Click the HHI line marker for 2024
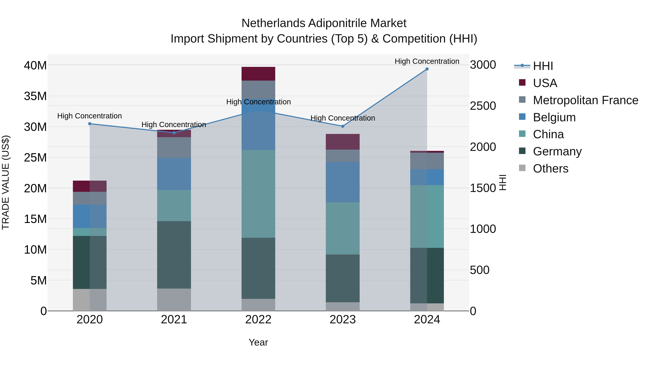click(x=427, y=69)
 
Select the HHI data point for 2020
click(x=90, y=124)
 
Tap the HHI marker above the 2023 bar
click(x=343, y=126)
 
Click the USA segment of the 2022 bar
click(x=258, y=74)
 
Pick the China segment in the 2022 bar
click(x=258, y=194)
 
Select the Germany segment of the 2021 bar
click(x=174, y=255)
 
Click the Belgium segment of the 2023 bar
click(x=343, y=182)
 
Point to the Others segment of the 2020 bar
click(x=90, y=300)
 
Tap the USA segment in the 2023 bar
click(x=343, y=142)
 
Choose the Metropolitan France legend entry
click(x=585, y=100)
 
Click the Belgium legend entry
click(x=554, y=117)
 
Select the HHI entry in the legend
click(x=543, y=66)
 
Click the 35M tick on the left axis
click(x=35, y=96)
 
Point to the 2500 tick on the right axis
click(x=483, y=106)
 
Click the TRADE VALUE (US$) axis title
click(x=6, y=182)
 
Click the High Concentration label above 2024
click(x=427, y=61)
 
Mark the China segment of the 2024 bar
click(x=427, y=217)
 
